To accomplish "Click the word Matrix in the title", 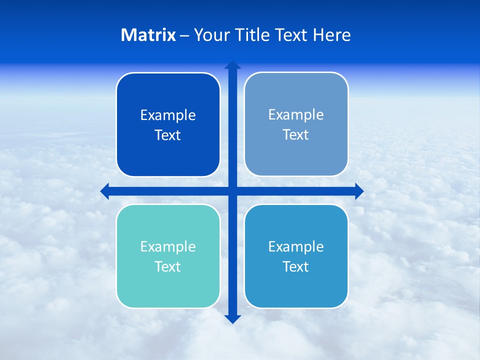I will [x=148, y=35].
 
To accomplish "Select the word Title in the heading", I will [x=253, y=35].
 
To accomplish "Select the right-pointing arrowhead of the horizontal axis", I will [x=359, y=191].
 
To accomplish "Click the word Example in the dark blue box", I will [x=168, y=115].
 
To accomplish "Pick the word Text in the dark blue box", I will [x=168, y=135].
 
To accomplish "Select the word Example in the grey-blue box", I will [x=296, y=115].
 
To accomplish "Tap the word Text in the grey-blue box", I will [x=296, y=135].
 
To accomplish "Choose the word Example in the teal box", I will [x=168, y=247].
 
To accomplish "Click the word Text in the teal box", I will [x=168, y=267].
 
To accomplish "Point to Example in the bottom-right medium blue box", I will [x=296, y=247].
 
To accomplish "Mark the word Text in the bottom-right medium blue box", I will [x=296, y=267].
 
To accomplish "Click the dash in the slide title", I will [x=185, y=35].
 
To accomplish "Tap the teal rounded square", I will [x=168, y=290].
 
